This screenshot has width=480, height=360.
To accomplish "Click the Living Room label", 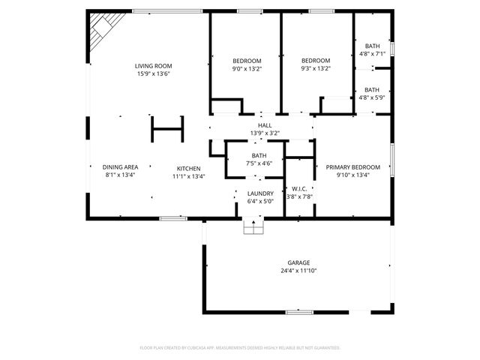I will click(153, 66).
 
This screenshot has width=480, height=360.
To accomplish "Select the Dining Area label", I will click(120, 167).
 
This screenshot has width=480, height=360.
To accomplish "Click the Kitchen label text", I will click(188, 168).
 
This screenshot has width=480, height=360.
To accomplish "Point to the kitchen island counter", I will click(168, 128).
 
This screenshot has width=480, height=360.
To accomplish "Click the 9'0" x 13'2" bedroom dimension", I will click(246, 69).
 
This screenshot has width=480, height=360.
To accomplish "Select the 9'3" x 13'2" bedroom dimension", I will click(316, 69).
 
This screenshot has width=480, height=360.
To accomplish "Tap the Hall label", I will click(265, 126).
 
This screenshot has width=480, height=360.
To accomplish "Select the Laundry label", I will click(260, 193).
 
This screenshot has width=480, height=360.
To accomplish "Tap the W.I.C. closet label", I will click(298, 189).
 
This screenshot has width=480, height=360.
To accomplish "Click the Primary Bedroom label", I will click(352, 167).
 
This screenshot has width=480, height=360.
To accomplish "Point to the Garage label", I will click(298, 262).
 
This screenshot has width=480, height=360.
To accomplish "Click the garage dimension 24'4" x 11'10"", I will click(298, 271).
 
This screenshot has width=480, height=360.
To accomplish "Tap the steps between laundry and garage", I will click(253, 226).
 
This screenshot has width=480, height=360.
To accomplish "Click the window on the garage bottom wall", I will click(299, 310).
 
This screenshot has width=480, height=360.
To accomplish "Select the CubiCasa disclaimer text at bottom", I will click(240, 348).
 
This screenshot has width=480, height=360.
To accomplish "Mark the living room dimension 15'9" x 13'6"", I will click(153, 74).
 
